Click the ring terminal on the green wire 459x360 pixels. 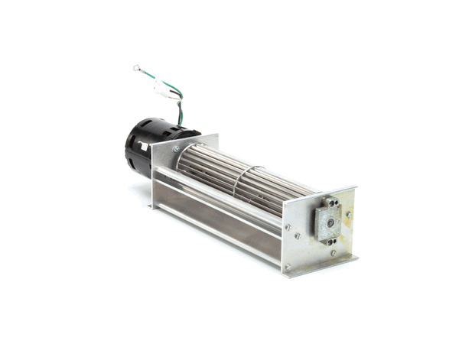(x=137, y=68)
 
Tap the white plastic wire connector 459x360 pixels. (x=164, y=89)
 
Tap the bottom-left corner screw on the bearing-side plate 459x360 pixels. (x=288, y=266)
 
